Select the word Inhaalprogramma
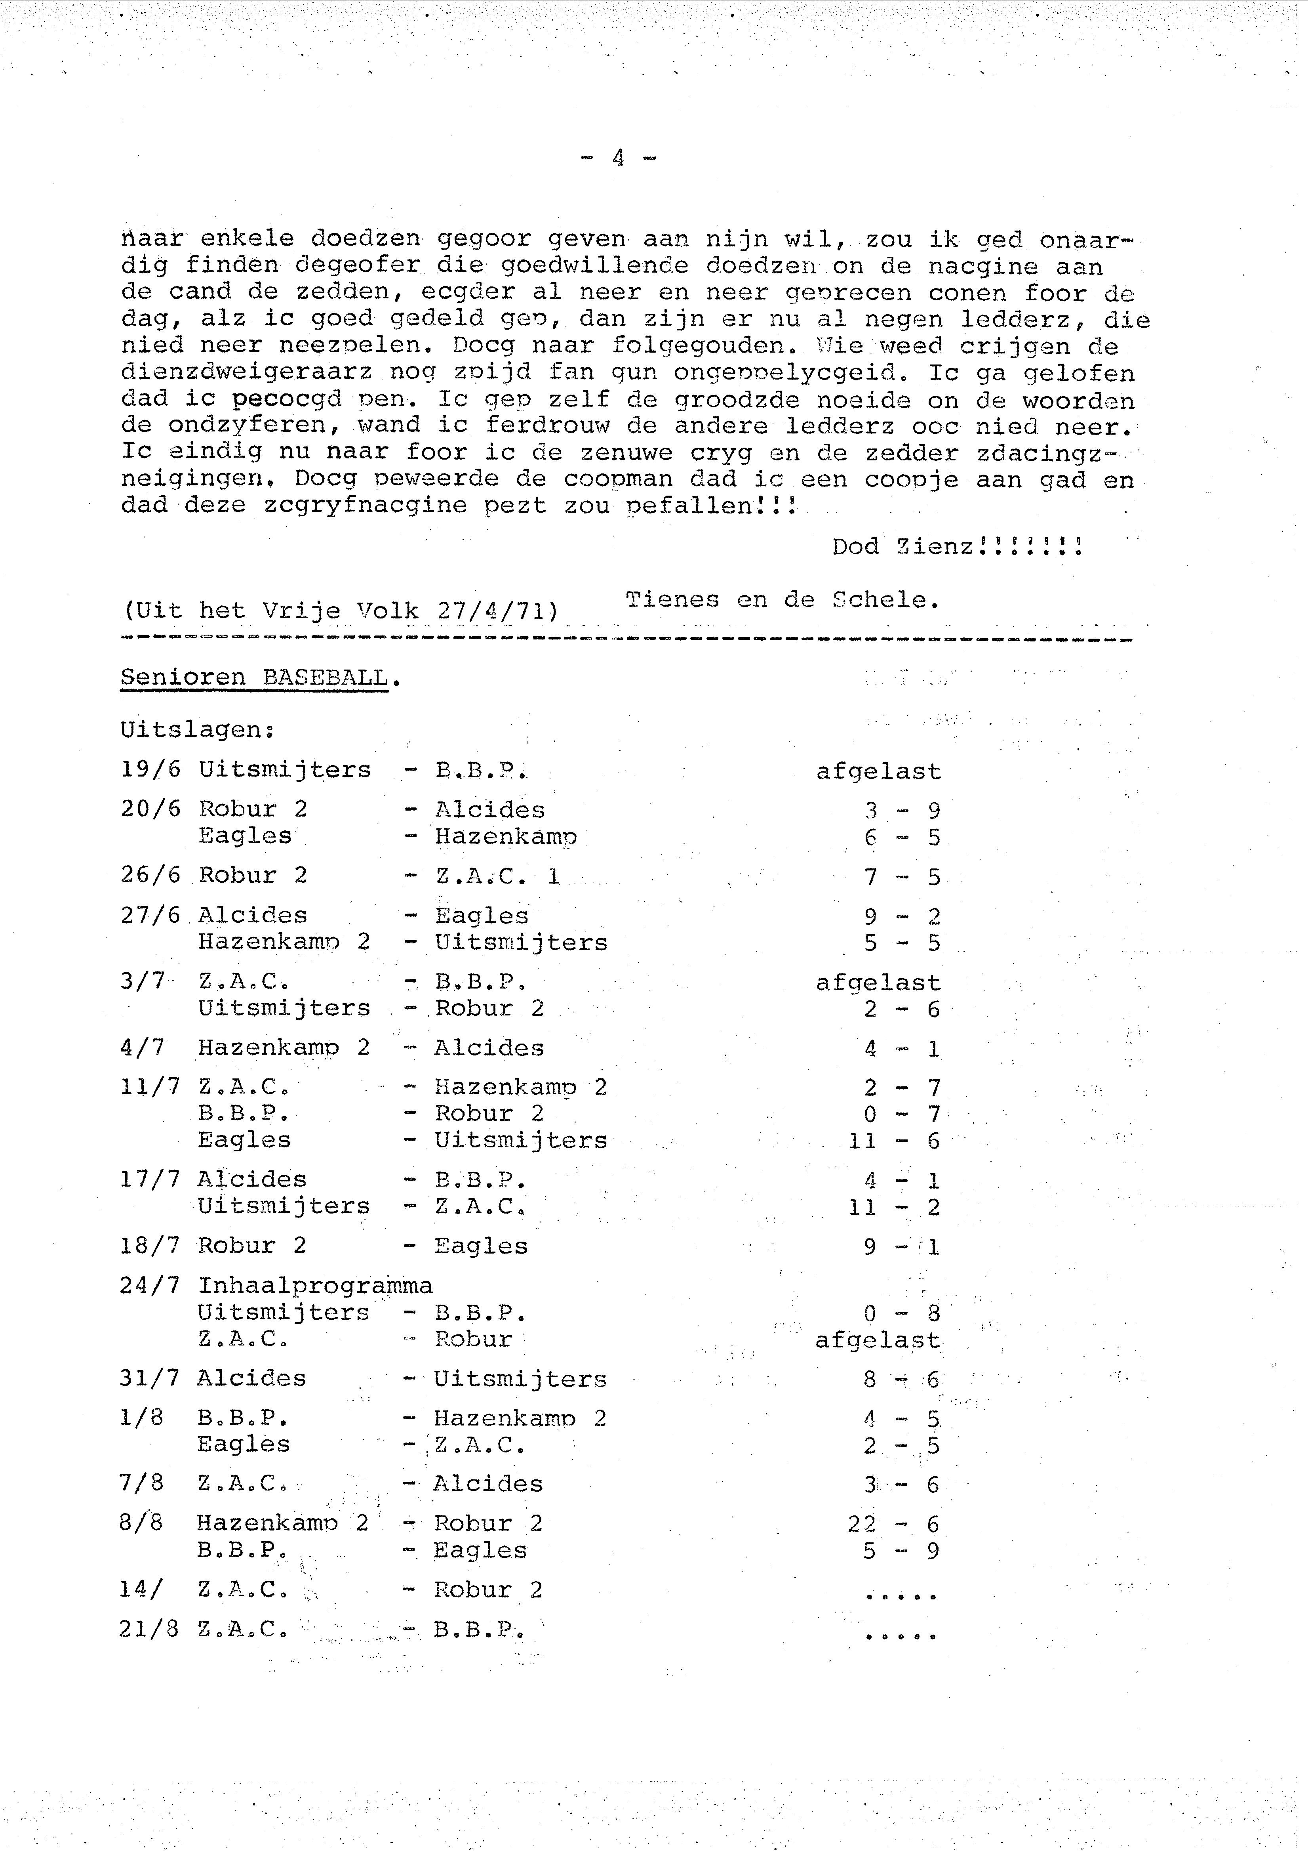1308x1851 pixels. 315,1285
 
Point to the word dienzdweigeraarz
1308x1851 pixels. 247,372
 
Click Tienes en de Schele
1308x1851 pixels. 782,600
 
